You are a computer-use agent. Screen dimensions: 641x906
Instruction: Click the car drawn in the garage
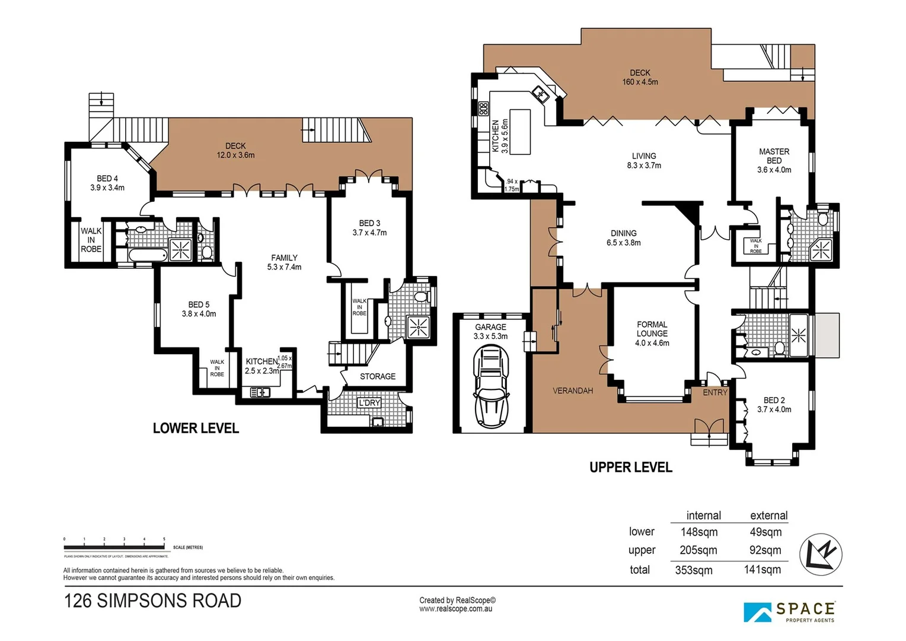491,386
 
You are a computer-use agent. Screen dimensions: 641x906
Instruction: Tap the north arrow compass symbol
821,554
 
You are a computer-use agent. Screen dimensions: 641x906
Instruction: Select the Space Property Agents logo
790,612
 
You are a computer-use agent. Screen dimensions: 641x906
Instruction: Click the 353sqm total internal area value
694,570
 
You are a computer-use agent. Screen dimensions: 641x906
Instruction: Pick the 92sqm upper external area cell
765,550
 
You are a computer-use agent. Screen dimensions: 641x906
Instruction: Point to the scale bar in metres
114,547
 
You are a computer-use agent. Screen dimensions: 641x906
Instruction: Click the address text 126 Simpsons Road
152,601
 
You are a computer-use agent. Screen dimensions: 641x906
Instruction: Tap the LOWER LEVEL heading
196,428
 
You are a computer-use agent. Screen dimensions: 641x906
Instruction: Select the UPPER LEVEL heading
630,467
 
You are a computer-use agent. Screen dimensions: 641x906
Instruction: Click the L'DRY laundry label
369,403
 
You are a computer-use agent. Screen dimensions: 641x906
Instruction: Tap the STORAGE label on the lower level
377,376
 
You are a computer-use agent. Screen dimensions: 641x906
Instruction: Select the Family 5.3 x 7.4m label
284,262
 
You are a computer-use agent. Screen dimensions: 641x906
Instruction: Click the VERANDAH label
572,391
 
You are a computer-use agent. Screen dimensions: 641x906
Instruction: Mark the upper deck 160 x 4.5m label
640,77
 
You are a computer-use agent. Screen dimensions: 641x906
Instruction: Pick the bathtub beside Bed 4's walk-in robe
148,255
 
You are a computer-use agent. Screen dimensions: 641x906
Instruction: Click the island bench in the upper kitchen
519,131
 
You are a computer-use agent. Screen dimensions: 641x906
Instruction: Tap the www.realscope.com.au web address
455,609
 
